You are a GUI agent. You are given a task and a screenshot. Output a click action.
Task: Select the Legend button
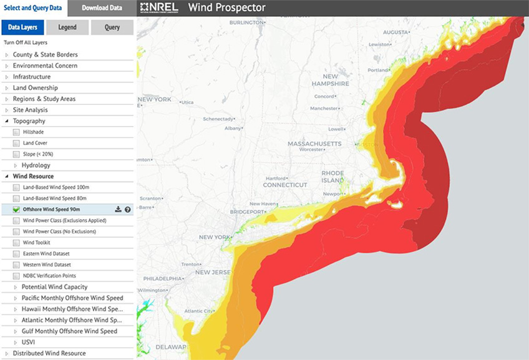point(67,27)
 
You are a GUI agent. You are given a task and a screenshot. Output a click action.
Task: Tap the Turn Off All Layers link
point(26,42)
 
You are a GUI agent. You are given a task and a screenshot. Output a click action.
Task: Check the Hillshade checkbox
point(16,132)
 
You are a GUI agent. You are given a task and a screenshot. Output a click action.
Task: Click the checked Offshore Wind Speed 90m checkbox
point(16,210)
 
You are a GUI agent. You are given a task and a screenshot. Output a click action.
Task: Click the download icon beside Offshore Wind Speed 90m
point(119,210)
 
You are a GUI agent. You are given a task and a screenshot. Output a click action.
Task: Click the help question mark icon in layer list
point(128,210)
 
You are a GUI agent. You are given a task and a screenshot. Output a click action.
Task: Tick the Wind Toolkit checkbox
point(16,243)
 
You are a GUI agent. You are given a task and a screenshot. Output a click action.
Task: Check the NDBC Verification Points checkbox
point(16,276)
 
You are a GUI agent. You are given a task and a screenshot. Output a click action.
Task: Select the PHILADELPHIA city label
point(164,278)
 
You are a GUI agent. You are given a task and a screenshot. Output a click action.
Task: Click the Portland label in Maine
point(377,71)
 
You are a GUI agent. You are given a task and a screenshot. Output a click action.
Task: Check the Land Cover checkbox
point(16,144)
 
